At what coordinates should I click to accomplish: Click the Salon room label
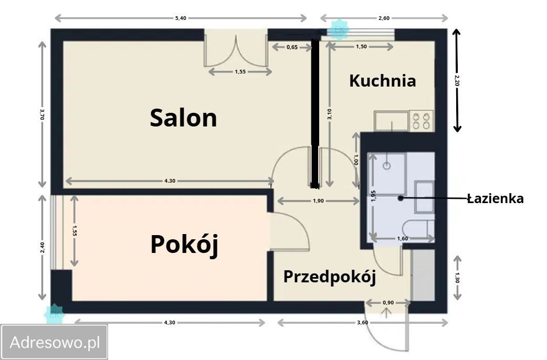pyautogui.click(x=183, y=118)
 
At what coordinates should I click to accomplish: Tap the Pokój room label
pyautogui.click(x=184, y=245)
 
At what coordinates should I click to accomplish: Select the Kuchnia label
pyautogui.click(x=382, y=81)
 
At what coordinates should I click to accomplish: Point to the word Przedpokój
pyautogui.click(x=329, y=277)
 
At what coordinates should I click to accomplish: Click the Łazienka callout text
pyautogui.click(x=495, y=198)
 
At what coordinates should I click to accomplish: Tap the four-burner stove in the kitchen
pyautogui.click(x=421, y=121)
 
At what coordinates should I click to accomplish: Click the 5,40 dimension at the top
pyautogui.click(x=180, y=18)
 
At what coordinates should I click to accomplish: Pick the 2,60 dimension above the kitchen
pyautogui.click(x=384, y=18)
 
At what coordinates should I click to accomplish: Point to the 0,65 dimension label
pyautogui.click(x=292, y=47)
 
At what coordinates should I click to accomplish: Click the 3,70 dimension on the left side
pyautogui.click(x=42, y=114)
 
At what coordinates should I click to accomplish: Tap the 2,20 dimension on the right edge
pyautogui.click(x=457, y=80)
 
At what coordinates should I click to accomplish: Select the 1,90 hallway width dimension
pyautogui.click(x=318, y=201)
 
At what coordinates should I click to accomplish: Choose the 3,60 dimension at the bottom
pyautogui.click(x=362, y=322)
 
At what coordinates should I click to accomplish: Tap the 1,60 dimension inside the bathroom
pyautogui.click(x=403, y=239)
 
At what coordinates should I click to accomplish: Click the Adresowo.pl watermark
pyautogui.click(x=55, y=342)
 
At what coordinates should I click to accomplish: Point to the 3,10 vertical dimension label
pyautogui.click(x=329, y=113)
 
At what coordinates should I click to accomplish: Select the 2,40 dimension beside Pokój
pyautogui.click(x=42, y=247)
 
